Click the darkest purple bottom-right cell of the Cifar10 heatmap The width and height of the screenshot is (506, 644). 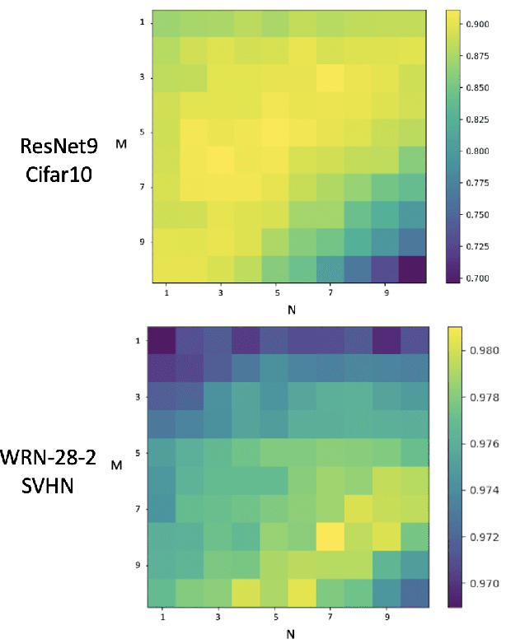point(411,269)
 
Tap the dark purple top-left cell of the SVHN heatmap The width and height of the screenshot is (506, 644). point(161,340)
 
